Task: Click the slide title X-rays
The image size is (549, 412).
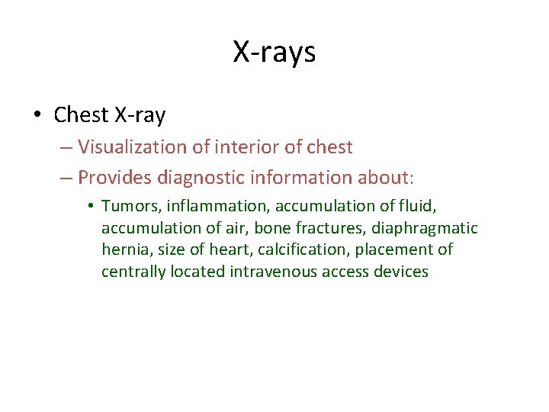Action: coord(274,52)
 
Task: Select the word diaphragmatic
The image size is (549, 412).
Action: coord(425,228)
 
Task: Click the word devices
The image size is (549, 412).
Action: coord(401,272)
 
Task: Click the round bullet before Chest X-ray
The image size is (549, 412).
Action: coord(37,116)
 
